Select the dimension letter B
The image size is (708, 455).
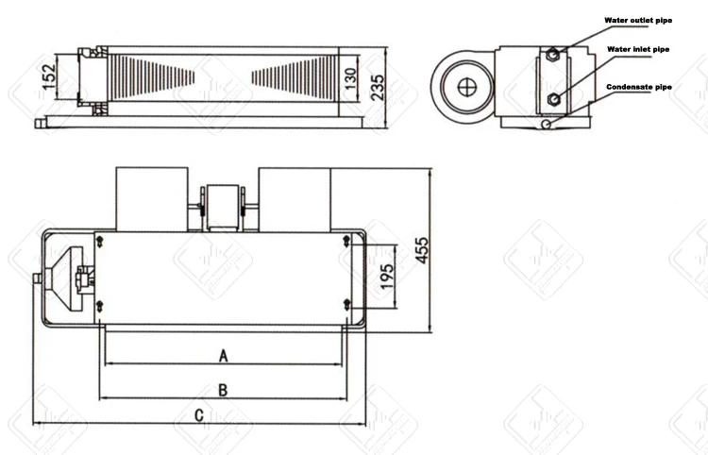tap(223, 389)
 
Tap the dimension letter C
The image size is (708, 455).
tap(199, 414)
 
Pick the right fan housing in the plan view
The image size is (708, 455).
tap(293, 198)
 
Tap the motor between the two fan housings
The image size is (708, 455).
tap(224, 204)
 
